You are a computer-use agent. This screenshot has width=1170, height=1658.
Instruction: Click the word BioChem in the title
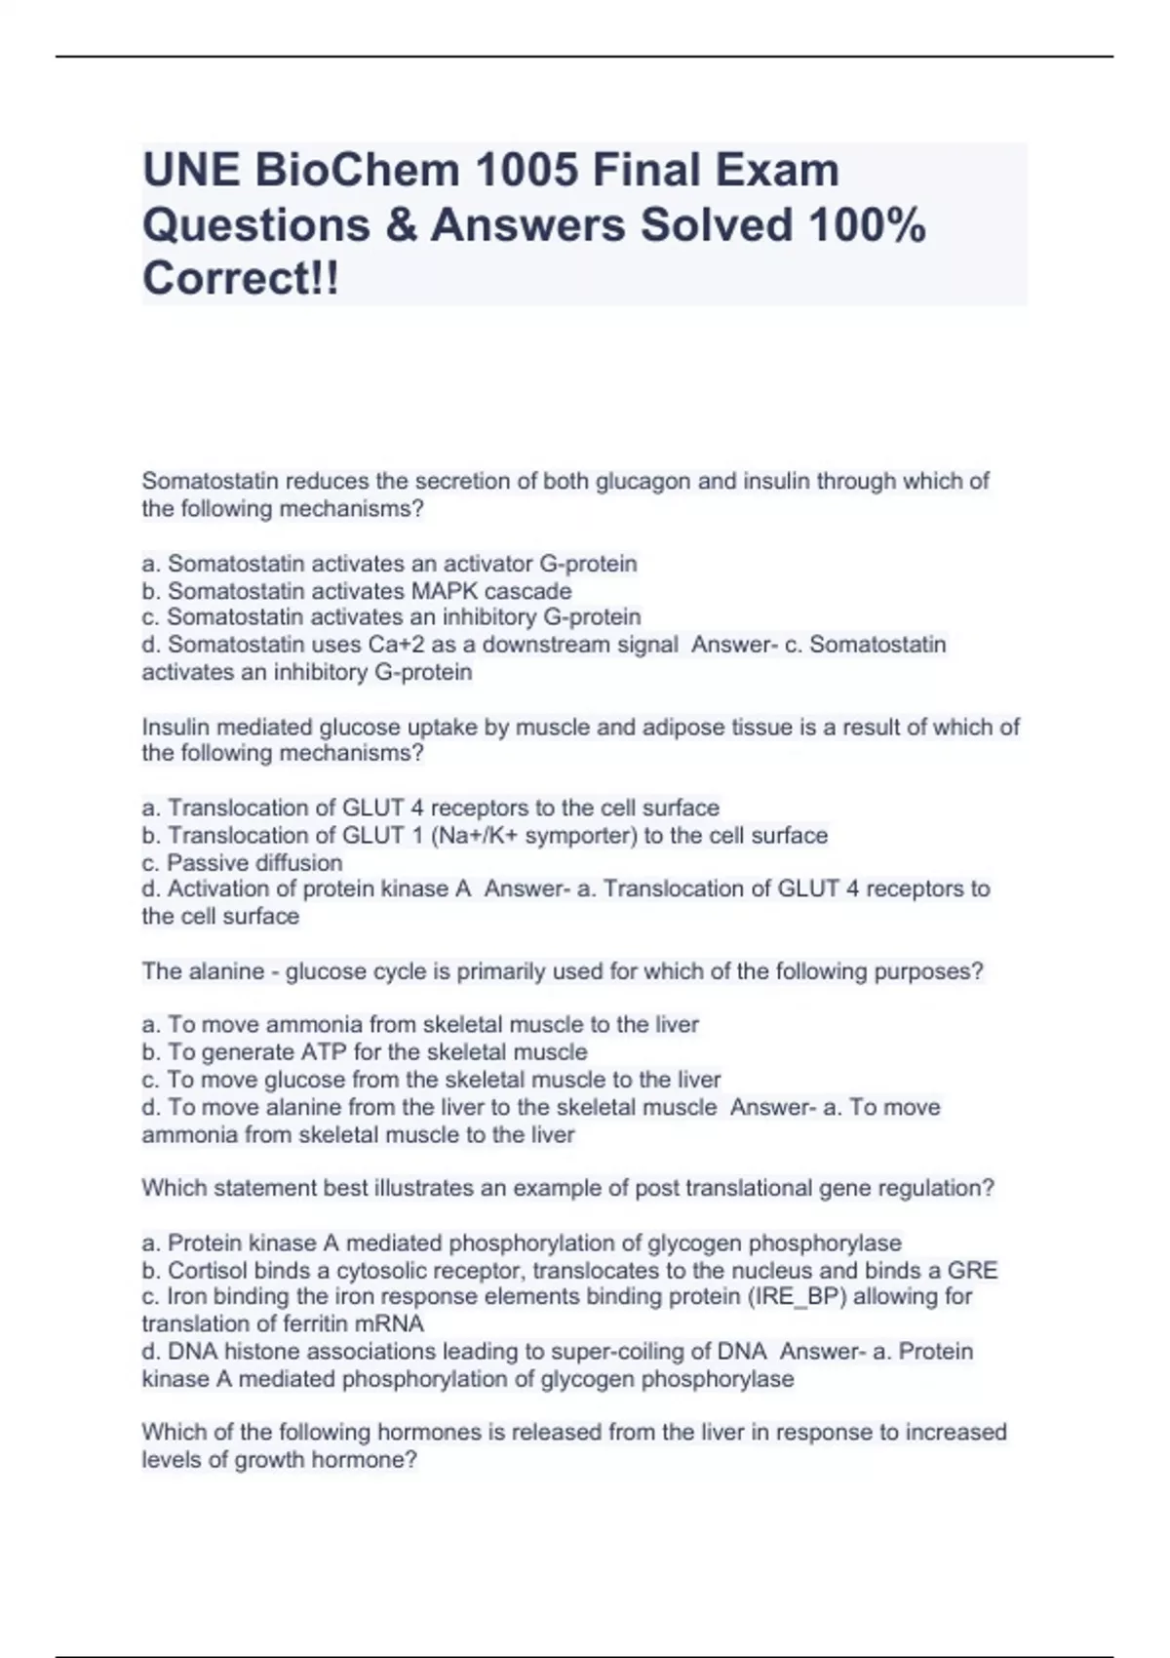click(x=358, y=171)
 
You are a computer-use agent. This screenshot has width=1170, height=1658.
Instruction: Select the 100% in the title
click(x=866, y=225)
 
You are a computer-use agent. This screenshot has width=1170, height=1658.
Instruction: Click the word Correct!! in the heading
click(x=242, y=279)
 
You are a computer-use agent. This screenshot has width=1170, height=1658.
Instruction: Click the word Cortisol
click(x=208, y=1271)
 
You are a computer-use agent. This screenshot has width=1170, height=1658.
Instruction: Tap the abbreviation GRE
click(x=972, y=1271)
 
